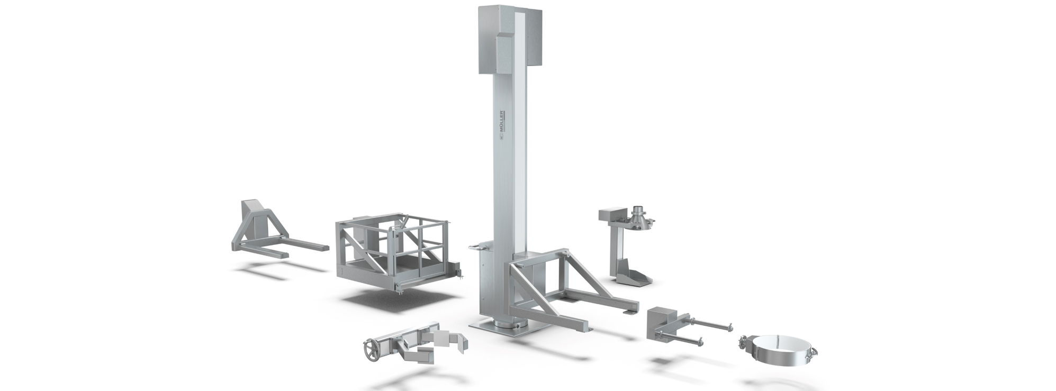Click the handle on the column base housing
(x=477, y=245)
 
